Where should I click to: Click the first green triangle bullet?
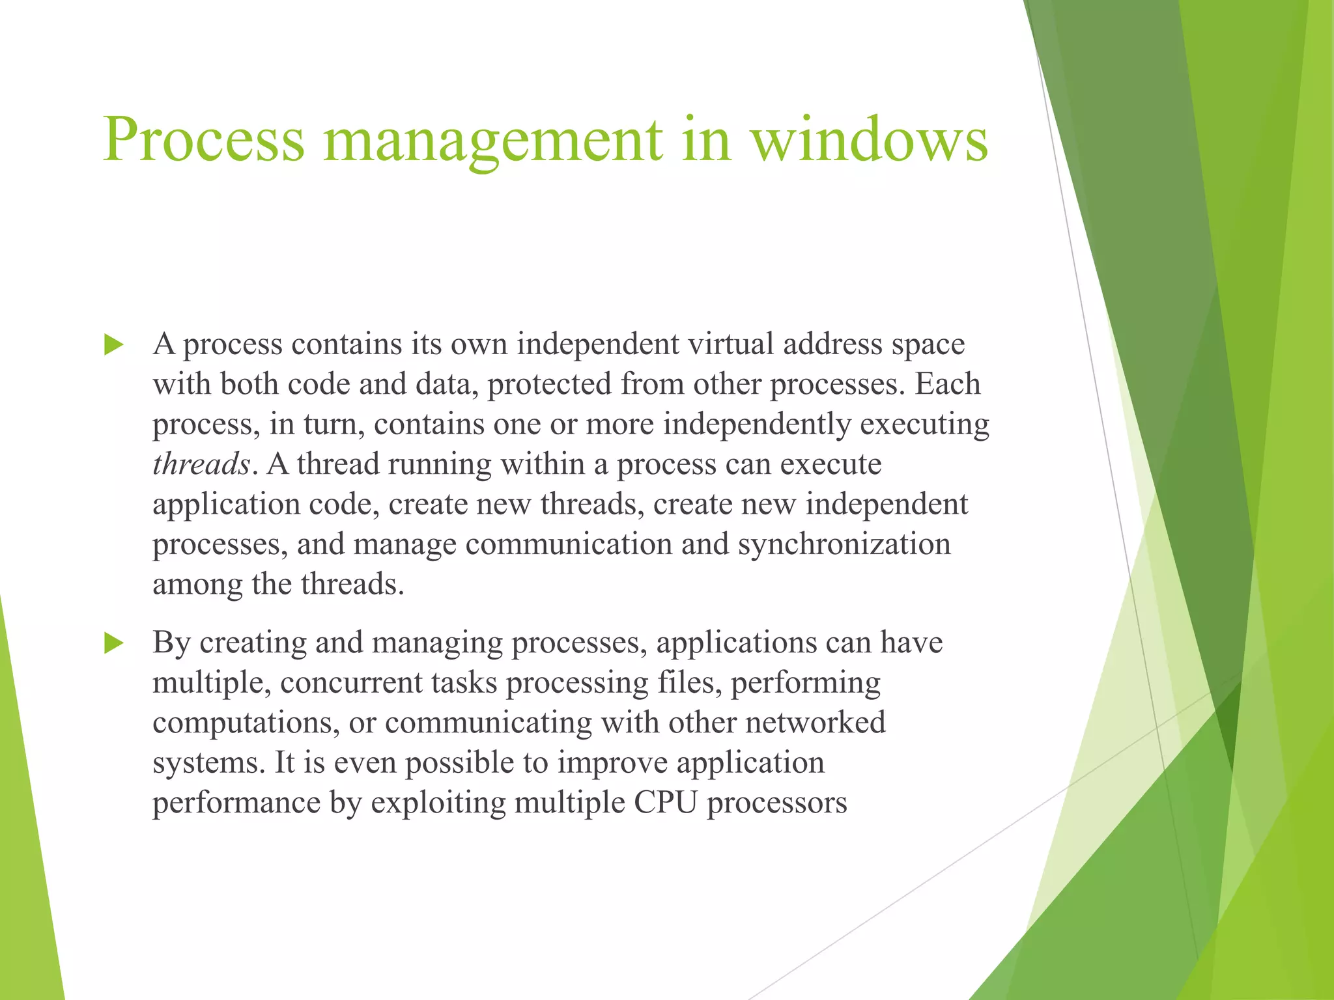pyautogui.click(x=113, y=345)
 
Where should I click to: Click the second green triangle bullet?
pyautogui.click(x=113, y=644)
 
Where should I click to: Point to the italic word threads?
pyautogui.click(x=201, y=464)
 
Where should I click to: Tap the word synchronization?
pyautogui.click(x=844, y=544)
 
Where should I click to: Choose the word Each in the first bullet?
pyautogui.click(x=948, y=384)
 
